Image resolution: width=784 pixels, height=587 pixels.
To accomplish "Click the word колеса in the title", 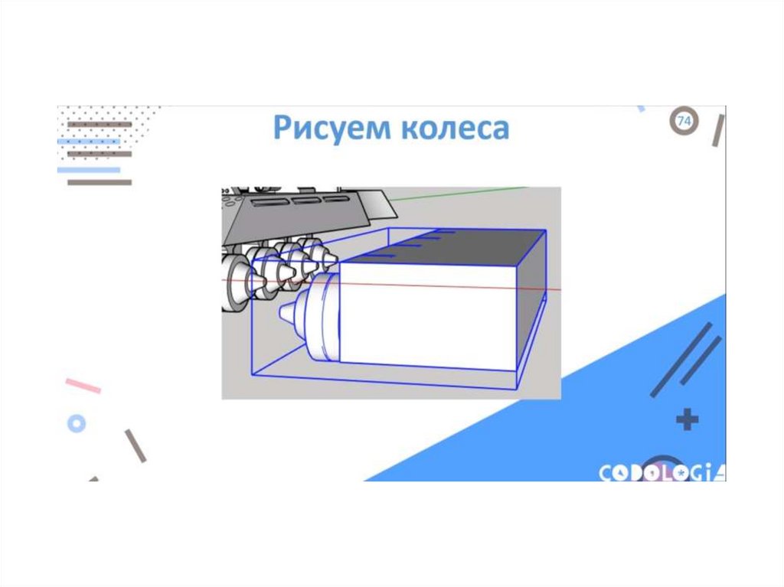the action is coord(455,129).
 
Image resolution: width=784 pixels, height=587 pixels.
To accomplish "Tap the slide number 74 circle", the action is coord(684,120).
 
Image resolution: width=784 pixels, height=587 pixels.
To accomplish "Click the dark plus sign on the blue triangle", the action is coord(688,419).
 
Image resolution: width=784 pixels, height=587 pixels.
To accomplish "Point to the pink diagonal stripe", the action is coord(83,386).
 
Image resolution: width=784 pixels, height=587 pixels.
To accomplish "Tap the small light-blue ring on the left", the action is coord(77,423).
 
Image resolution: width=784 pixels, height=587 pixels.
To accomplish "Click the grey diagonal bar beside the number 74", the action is coord(718,130).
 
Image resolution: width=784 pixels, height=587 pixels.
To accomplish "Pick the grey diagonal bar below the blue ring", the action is coord(136,445).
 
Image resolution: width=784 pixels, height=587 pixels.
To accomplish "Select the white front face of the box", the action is coord(428,317).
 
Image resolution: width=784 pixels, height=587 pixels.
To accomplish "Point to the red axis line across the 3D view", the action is coord(391,285).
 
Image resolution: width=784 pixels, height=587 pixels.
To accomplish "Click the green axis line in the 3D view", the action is coord(459,194).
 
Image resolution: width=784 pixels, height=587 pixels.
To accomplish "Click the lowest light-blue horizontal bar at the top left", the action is coord(89,170).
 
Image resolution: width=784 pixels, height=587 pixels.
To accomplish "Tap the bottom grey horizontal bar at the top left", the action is coord(100,182).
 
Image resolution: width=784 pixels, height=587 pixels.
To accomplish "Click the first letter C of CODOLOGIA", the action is coord(606,472).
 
